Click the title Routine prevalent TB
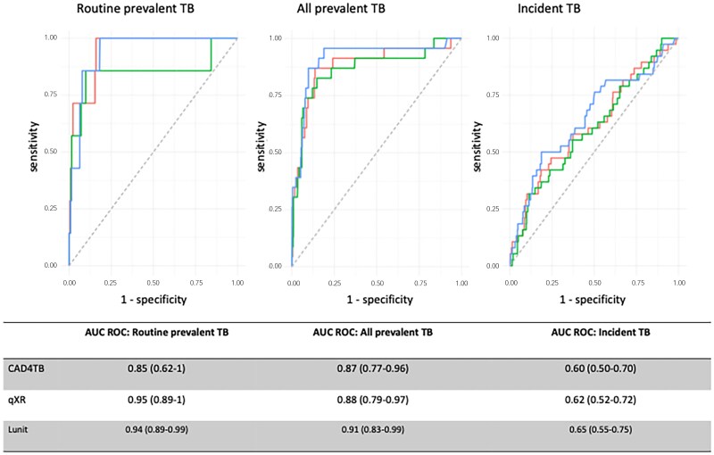pos(136,8)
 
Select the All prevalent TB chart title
pos(341,8)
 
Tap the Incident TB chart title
pos(549,8)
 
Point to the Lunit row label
pos(18,429)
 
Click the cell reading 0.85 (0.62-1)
pos(157,368)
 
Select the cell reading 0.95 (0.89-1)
pos(157,400)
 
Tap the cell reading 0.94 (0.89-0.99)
pos(157,429)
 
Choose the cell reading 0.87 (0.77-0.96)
pos(373,368)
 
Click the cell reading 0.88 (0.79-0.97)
pos(373,400)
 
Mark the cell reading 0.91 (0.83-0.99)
pos(373,429)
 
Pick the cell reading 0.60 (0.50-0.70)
pos(601,368)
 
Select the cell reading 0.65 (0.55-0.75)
pos(601,429)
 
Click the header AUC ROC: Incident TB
pos(601,332)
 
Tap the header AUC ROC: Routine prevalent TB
pos(157,332)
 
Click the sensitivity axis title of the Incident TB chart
pos(477,146)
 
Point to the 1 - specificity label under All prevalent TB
pos(380,300)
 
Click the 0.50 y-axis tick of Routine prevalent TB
pos(51,151)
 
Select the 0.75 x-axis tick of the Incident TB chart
pos(637,283)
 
